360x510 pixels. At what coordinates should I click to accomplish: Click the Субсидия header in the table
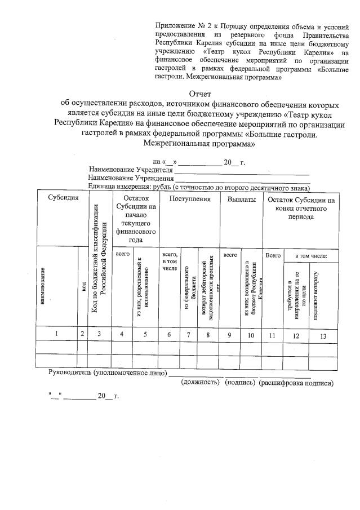tap(63, 199)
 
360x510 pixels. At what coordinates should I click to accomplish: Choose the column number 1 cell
tap(57, 334)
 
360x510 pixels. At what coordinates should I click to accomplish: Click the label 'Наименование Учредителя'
tap(130, 170)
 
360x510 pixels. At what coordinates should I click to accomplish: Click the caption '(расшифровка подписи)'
tap(296, 383)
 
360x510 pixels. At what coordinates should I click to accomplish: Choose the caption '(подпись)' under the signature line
tap(240, 383)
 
